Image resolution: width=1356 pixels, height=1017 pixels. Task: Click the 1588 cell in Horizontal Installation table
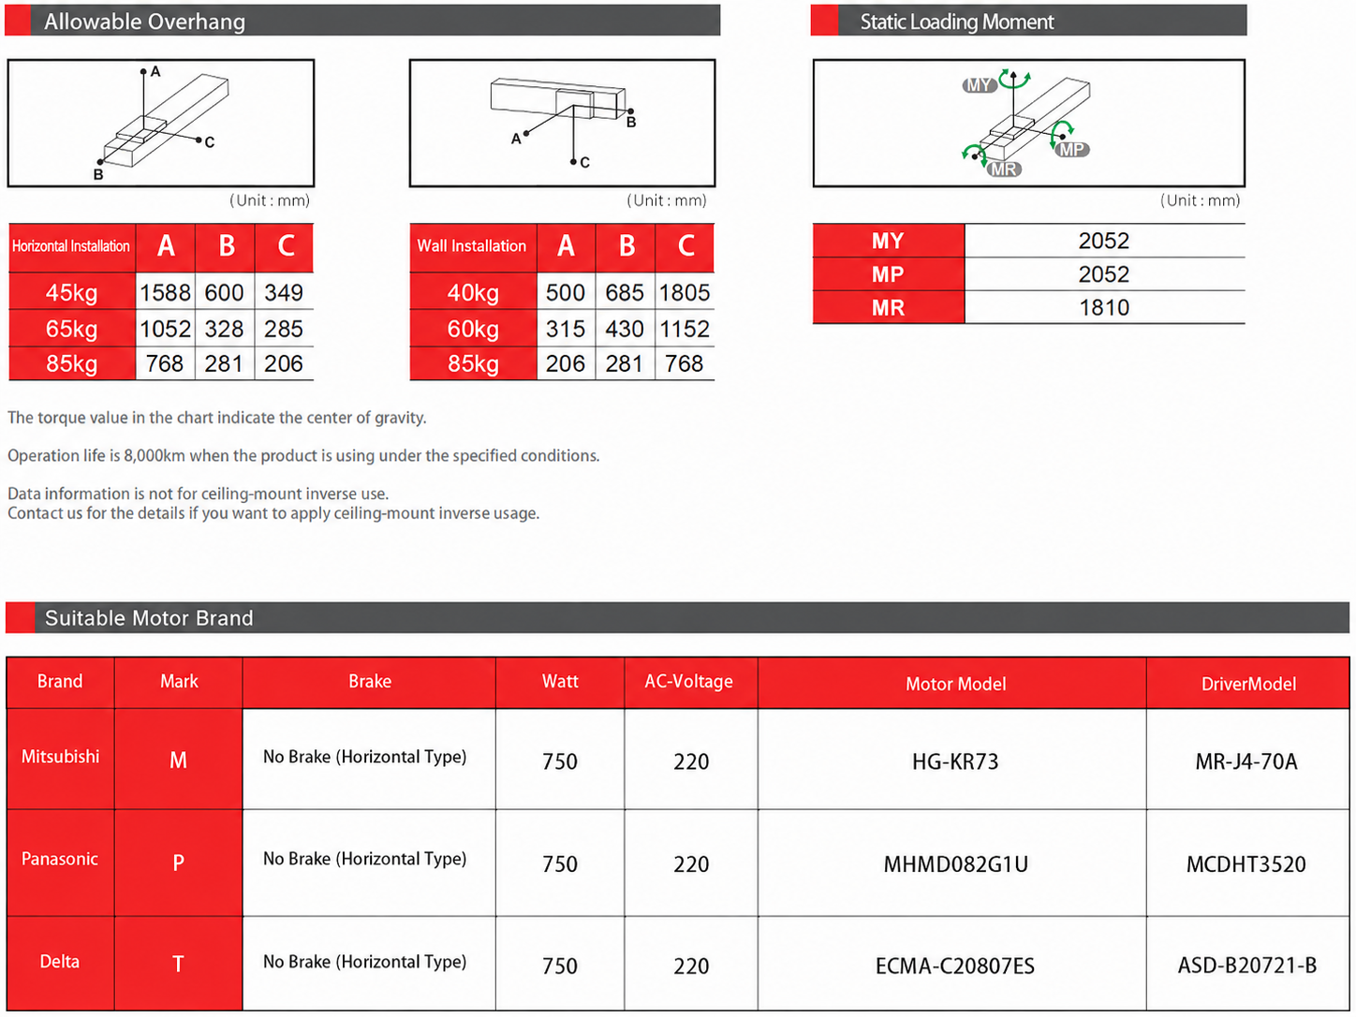[165, 292]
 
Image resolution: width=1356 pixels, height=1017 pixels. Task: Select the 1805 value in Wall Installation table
[685, 292]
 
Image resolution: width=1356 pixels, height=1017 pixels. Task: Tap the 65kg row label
[72, 328]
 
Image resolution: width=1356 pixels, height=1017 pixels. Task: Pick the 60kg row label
[473, 328]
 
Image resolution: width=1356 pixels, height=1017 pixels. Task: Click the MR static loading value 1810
[1104, 307]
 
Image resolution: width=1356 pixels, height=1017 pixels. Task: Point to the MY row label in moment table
[888, 240]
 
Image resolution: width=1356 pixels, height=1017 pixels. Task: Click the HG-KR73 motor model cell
[955, 761]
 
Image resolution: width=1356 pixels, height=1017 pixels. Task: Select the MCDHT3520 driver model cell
[1246, 863]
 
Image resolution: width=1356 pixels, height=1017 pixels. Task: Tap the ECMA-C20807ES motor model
[955, 965]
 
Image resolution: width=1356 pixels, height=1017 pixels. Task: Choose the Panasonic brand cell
[60, 859]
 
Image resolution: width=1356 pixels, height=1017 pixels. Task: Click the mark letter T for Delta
[178, 964]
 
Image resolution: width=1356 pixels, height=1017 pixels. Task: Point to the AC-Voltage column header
[689, 681]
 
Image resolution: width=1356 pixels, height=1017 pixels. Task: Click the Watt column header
[560, 681]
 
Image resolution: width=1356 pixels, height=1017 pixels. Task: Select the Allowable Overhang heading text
[144, 22]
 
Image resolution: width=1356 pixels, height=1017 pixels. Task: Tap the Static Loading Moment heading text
[957, 22]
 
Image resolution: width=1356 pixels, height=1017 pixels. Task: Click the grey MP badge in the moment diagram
[1072, 150]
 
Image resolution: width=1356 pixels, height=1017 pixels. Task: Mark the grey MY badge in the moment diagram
[980, 85]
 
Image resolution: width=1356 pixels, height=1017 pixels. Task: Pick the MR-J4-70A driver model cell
[1246, 761]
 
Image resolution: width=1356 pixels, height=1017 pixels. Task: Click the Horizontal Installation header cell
[71, 246]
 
